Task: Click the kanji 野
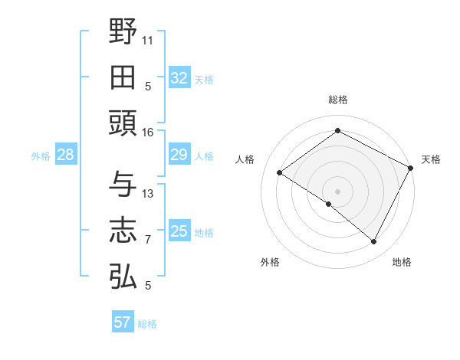(123, 31)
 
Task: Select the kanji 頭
(123, 122)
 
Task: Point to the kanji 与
(123, 185)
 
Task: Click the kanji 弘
(123, 276)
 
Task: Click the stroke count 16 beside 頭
(148, 133)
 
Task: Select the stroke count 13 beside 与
(148, 194)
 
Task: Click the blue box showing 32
(179, 77)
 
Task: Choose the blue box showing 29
(179, 155)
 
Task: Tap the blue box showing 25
(179, 231)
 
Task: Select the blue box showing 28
(66, 155)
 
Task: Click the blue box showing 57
(122, 322)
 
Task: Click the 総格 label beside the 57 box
(147, 324)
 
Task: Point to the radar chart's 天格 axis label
(431, 159)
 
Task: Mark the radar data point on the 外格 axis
(329, 204)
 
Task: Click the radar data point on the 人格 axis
(280, 172)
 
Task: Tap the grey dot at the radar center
(337, 190)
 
